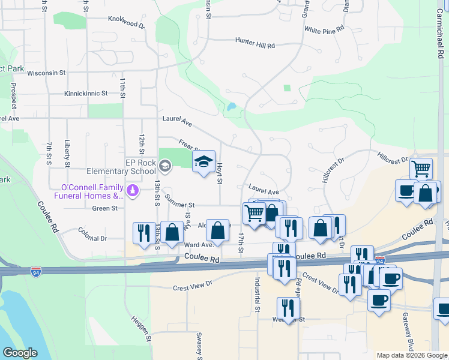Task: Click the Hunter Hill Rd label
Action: (255, 45)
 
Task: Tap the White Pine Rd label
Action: (324, 29)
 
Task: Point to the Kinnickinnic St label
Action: (86, 94)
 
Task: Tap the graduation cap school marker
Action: (203, 161)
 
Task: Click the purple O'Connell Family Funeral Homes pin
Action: (133, 191)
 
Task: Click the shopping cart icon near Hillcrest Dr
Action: (421, 169)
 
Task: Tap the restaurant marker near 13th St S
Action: (143, 233)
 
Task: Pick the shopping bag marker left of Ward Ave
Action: (172, 232)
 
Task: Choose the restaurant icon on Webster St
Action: (289, 308)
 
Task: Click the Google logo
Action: (20, 353)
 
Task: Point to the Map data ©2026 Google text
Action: (411, 355)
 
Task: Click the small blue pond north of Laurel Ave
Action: (231, 107)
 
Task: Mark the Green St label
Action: (105, 208)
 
